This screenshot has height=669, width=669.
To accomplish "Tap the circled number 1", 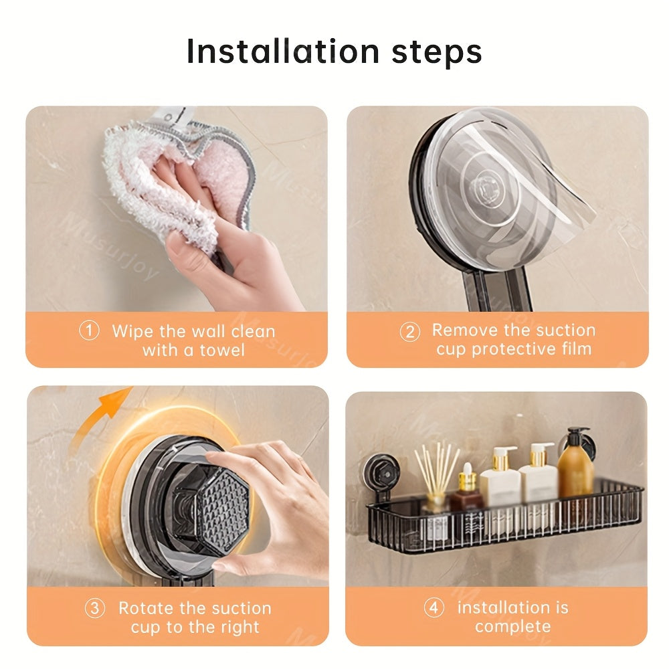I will [x=89, y=331].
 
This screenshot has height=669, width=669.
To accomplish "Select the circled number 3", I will [x=95, y=609].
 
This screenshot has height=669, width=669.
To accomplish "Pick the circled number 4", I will [x=434, y=608].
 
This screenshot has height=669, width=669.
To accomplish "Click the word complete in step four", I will [x=512, y=627].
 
